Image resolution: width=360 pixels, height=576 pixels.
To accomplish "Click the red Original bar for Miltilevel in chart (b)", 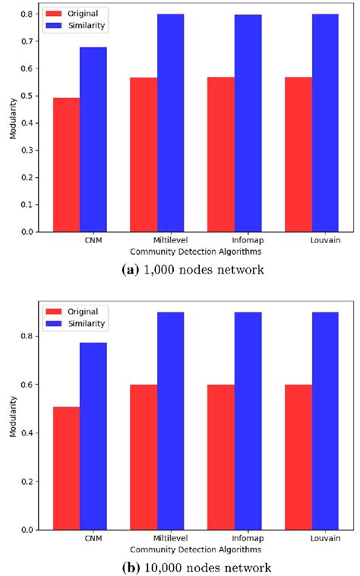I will pos(144,457).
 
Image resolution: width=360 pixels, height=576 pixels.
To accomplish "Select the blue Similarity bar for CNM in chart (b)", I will pos(93,436).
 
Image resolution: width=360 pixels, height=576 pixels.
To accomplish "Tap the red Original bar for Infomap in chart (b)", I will pos(221,457).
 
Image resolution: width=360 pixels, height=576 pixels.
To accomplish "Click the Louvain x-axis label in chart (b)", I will pos(325,539).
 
